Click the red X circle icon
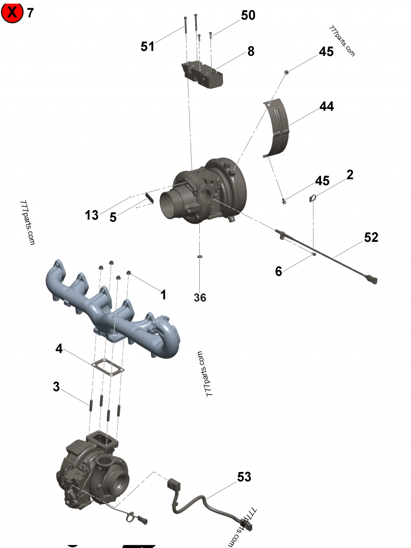pyautogui.click(x=12, y=12)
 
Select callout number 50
pyautogui.click(x=248, y=15)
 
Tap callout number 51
pyautogui.click(x=147, y=47)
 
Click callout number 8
pyautogui.click(x=251, y=51)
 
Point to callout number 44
pyautogui.click(x=326, y=106)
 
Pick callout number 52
pyautogui.click(x=371, y=237)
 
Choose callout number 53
pyautogui.click(x=244, y=477)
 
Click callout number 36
pyautogui.click(x=200, y=297)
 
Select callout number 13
pyautogui.click(x=91, y=215)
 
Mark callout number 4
pyautogui.click(x=60, y=349)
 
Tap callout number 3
pyautogui.click(x=57, y=386)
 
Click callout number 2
pyautogui.click(x=350, y=175)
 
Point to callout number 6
pyautogui.click(x=278, y=271)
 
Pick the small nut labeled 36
pyautogui.click(x=200, y=255)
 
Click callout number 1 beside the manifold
pyautogui.click(x=163, y=295)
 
